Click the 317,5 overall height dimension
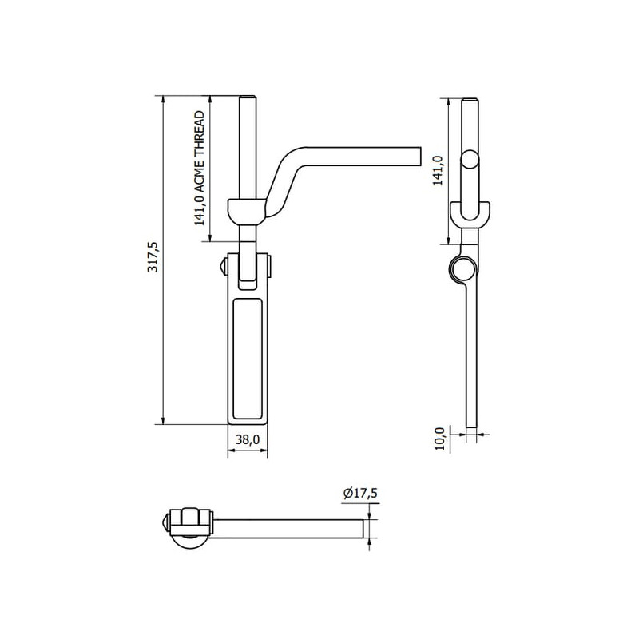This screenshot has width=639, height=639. (153, 256)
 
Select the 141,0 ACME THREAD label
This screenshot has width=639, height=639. (199, 169)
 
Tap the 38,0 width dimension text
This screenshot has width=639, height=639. (248, 439)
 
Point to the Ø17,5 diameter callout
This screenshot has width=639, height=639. (360, 493)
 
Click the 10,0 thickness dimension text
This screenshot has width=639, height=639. (439, 439)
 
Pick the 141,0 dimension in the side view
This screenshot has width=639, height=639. (438, 171)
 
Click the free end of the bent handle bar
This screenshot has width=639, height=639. (420, 156)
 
